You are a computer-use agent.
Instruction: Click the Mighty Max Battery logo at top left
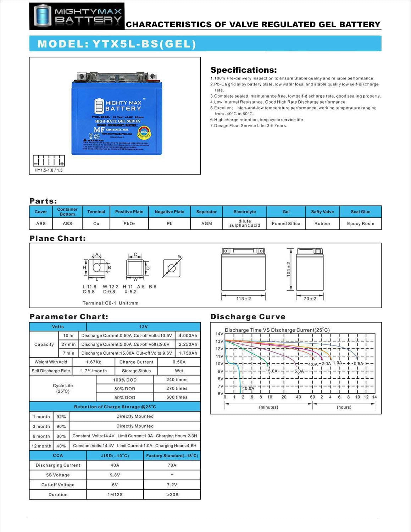(x=77, y=16)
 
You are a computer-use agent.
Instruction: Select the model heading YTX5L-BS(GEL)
(x=117, y=44)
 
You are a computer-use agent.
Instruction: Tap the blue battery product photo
(x=117, y=113)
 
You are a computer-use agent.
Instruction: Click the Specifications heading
(x=243, y=70)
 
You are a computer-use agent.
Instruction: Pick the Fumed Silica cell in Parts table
(x=286, y=224)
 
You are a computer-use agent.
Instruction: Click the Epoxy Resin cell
(x=360, y=224)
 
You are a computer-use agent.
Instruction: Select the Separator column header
(x=206, y=212)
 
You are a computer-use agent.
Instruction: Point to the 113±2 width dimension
(x=244, y=299)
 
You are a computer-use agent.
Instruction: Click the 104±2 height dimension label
(x=289, y=269)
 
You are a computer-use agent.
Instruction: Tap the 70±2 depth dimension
(x=310, y=299)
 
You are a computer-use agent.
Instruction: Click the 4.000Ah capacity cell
(x=188, y=336)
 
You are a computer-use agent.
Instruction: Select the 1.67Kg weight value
(x=94, y=362)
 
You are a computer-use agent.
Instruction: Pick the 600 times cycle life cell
(x=177, y=397)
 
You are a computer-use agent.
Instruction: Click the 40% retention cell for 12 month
(x=61, y=446)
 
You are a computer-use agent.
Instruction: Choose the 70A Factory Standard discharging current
(x=172, y=465)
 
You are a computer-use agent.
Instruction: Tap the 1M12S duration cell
(x=115, y=494)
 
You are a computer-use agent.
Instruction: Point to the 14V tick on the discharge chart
(x=219, y=334)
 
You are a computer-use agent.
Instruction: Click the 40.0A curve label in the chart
(x=248, y=388)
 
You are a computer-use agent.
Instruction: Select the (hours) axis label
(x=344, y=407)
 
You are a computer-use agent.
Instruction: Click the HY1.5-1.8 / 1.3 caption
(x=49, y=170)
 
